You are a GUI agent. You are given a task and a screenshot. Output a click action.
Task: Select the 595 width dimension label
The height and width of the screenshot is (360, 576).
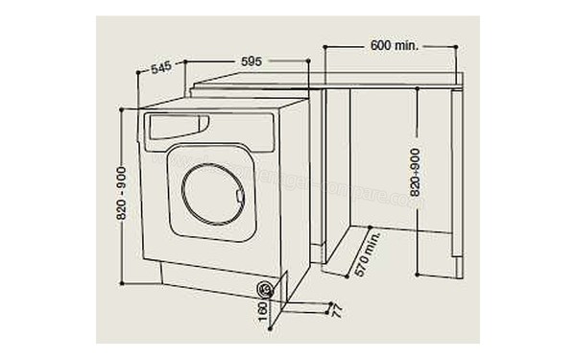pyautogui.click(x=251, y=61)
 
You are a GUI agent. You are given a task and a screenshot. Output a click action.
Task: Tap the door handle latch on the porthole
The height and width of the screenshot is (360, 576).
pyautogui.click(x=240, y=200)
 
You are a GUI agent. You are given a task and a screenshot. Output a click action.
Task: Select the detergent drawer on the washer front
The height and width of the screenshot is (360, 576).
pyautogui.click(x=179, y=126)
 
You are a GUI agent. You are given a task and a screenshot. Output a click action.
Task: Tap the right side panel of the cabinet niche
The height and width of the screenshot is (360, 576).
pyautogui.click(x=458, y=182)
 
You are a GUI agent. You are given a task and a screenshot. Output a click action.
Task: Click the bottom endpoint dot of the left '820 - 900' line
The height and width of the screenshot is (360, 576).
pyautogui.click(x=122, y=283)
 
